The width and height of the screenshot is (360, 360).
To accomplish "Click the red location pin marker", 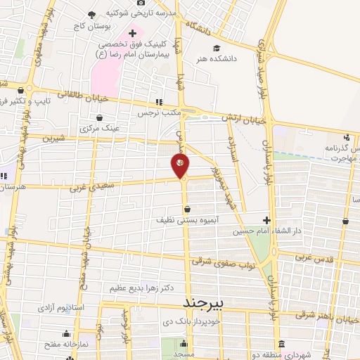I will [x=180, y=166].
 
